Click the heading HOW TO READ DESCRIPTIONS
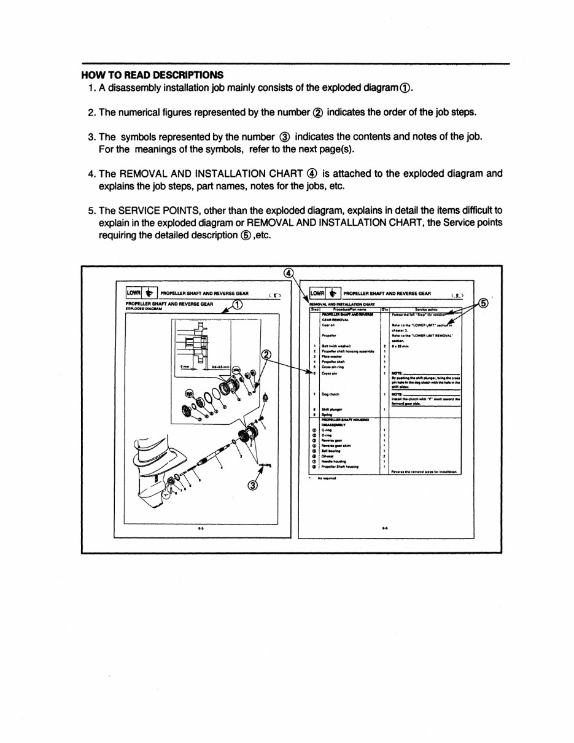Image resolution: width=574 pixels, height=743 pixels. click(x=152, y=75)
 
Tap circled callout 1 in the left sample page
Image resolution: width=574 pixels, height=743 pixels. click(x=238, y=305)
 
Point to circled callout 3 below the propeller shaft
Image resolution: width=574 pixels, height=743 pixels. click(x=252, y=486)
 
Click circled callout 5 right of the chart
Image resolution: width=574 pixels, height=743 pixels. click(x=483, y=303)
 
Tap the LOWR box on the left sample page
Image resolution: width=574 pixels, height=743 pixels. click(x=134, y=293)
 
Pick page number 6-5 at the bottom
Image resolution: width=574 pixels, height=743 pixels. click(x=201, y=527)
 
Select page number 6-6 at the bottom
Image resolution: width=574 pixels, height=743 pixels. click(x=384, y=527)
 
